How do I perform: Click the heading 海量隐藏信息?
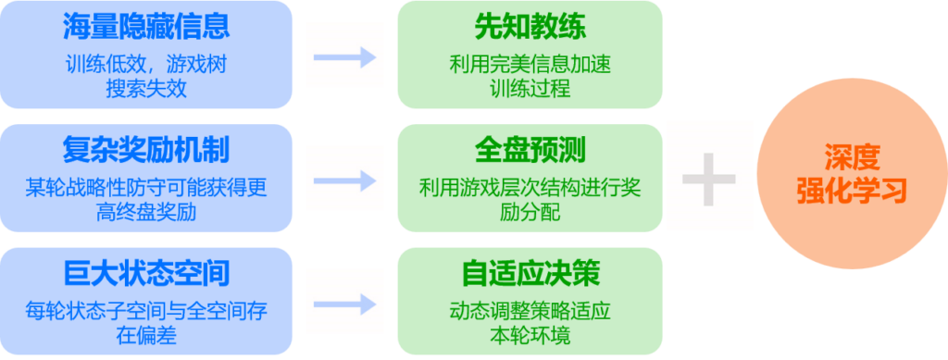pos(146,26)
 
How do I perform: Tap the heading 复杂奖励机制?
pos(146,149)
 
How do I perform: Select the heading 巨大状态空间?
pos(146,273)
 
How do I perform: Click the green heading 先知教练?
pos(530,26)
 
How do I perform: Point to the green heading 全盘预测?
pos(530,149)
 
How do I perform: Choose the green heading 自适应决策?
pos(530,273)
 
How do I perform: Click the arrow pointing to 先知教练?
pos(343,56)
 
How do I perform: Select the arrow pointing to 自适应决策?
pos(343,304)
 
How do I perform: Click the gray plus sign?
pos(709,178)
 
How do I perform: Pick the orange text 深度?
pos(851,155)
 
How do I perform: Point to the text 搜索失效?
pos(146,90)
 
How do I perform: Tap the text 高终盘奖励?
pos(146,213)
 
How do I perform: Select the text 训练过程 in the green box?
pos(530,90)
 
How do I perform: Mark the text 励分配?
pos(530,213)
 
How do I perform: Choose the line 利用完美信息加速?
pos(530,66)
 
